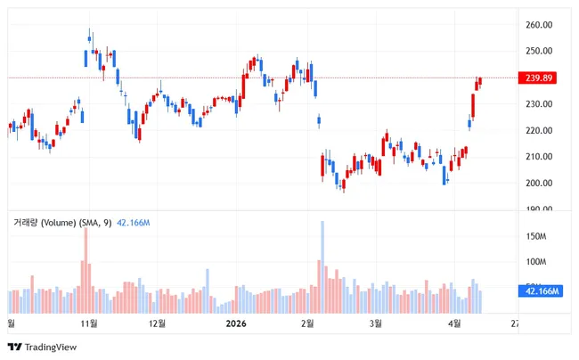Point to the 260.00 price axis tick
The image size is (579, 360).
(x=541, y=25)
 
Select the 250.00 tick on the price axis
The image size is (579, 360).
(x=541, y=52)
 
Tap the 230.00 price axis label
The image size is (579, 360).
(x=541, y=104)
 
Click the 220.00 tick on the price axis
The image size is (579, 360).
(x=541, y=131)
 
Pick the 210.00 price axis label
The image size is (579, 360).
(x=541, y=157)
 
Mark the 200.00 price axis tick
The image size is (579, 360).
(x=541, y=184)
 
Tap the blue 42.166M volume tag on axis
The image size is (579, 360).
(x=542, y=291)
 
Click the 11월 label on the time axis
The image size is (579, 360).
(x=88, y=323)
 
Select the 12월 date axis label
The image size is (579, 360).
(x=157, y=323)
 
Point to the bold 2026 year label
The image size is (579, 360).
(x=236, y=323)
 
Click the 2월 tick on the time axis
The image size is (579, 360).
(x=308, y=323)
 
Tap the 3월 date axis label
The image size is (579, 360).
(x=376, y=323)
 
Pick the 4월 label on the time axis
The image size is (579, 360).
(x=453, y=323)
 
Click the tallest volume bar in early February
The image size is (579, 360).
(x=322, y=267)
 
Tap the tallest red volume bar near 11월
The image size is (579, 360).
(x=86, y=271)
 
